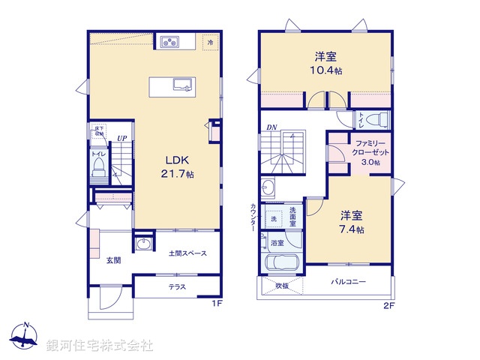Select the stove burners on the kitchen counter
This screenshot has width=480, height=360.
[169, 41]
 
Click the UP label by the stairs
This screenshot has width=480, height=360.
[121, 138]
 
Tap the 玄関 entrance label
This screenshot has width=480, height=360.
[113, 259]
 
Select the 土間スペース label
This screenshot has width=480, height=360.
[187, 254]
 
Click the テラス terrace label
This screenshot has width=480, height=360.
[177, 287]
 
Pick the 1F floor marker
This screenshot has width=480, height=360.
[216, 304]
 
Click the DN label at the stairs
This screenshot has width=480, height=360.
[271, 127]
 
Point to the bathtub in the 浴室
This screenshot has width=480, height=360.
[282, 265]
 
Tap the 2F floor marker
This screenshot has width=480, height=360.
[388, 304]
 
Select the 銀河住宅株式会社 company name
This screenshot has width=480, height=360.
[100, 345]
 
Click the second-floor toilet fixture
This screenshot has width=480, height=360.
[375, 119]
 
